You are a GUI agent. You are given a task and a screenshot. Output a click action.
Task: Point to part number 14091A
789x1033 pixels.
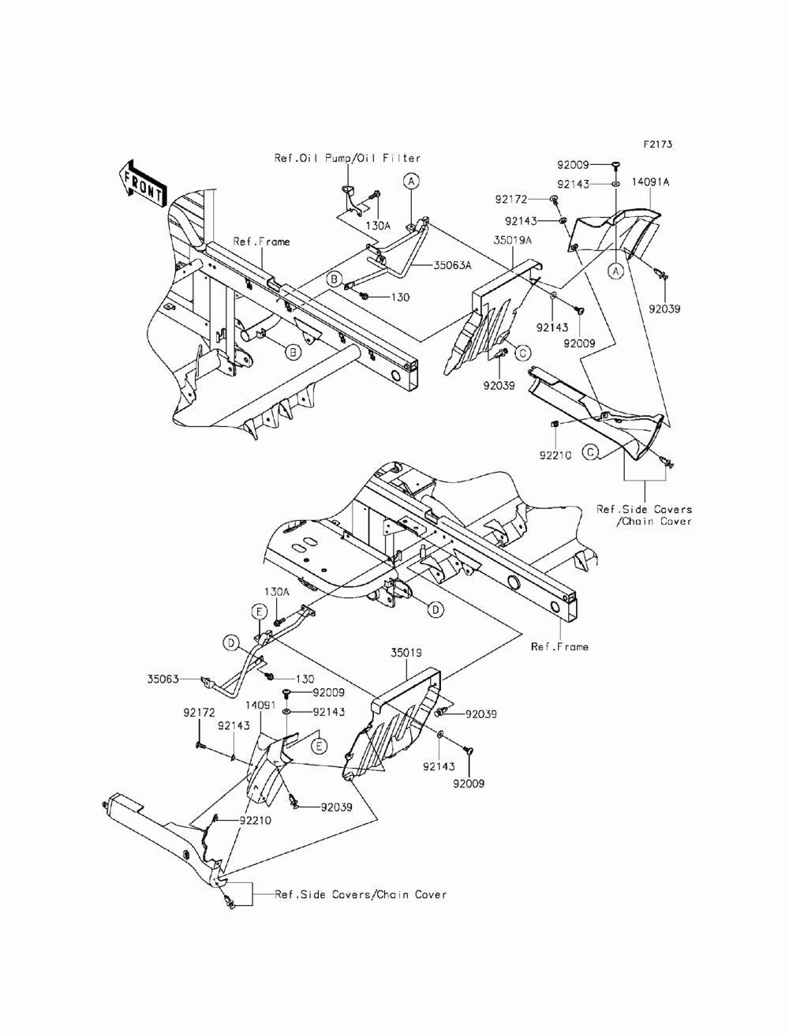coord(650,182)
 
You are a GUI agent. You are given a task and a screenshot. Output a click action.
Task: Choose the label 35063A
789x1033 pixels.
coord(451,266)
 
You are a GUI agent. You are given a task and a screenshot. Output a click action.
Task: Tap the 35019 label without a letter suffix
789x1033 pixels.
coord(406,653)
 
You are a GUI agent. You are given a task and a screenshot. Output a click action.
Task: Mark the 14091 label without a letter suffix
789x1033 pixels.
coord(260,705)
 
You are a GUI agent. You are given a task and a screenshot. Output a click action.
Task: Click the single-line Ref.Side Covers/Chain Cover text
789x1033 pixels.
coord(361,894)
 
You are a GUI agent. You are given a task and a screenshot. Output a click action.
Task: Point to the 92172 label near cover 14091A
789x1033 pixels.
coord(534,199)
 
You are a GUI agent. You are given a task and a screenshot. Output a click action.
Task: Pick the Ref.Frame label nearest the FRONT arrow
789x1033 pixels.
coord(260,242)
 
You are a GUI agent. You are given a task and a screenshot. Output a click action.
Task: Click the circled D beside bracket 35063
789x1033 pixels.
coord(230,644)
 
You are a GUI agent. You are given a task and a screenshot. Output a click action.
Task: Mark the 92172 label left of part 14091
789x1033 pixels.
coord(200,712)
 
